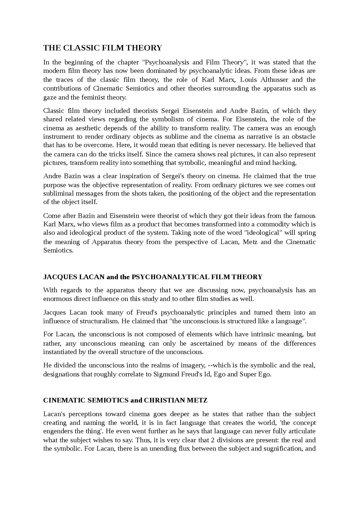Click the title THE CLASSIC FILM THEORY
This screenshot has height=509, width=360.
pos(103,48)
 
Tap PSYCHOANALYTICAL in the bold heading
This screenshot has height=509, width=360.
pos(170,277)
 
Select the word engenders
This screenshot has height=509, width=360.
pos(57,431)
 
